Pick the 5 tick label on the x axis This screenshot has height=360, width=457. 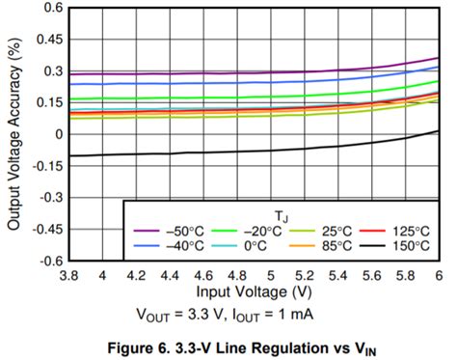[x=271, y=275]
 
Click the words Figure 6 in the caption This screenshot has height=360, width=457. [x=144, y=347]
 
